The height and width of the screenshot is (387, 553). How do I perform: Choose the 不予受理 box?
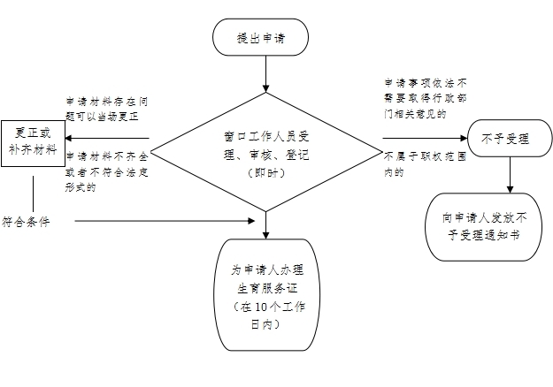tap(504, 139)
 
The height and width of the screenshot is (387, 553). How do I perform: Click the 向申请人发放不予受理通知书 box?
tap(488, 226)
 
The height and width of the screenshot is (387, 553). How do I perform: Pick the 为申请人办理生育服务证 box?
tap(263, 295)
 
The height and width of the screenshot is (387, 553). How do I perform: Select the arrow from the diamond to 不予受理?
tap(425, 139)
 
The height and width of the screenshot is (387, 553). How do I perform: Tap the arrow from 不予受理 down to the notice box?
tap(509, 177)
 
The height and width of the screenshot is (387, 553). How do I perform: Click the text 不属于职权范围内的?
tap(415, 164)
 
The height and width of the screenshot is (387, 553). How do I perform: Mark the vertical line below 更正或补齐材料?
tap(33, 192)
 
